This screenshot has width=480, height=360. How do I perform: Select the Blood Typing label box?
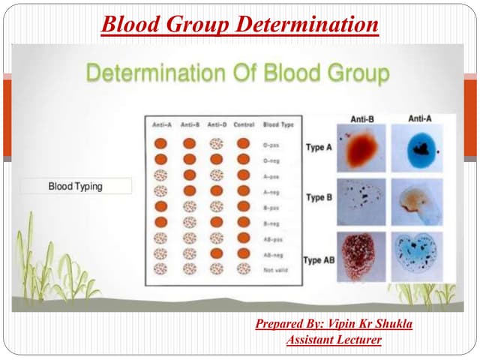76,186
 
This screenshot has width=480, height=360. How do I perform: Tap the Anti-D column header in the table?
216,124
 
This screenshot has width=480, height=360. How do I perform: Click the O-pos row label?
271,142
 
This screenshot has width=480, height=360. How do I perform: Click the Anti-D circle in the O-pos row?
216,142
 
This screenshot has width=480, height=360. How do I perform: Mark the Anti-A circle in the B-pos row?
160,205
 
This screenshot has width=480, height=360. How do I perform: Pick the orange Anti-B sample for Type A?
361,147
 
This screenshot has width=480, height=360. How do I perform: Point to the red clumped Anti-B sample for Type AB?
361,256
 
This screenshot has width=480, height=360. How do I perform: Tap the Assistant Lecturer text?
334,340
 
